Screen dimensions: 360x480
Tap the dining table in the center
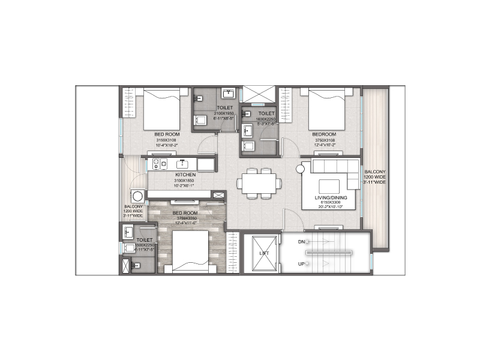(x=259, y=182)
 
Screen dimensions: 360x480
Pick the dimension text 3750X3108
(x=323, y=139)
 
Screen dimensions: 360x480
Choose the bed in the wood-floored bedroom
(x=190, y=251)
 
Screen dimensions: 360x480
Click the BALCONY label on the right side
(x=377, y=172)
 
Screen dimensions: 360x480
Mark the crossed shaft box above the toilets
(x=258, y=95)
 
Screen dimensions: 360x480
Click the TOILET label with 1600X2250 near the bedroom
(x=266, y=113)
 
